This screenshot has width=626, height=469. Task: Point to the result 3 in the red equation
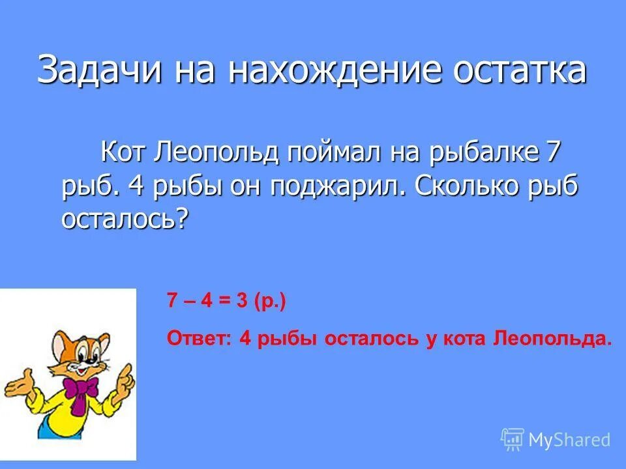point(243,301)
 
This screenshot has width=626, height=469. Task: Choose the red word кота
point(464,339)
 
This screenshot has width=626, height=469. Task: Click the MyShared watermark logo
point(556,440)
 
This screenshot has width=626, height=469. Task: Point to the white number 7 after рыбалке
point(553,154)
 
